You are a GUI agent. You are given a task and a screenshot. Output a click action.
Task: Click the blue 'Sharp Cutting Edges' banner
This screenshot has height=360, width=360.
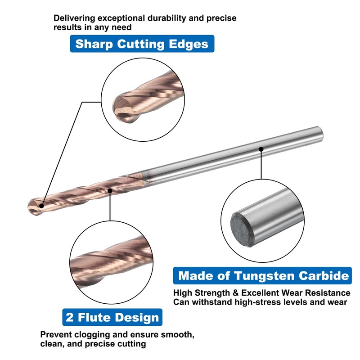pyautogui.click(x=142, y=44)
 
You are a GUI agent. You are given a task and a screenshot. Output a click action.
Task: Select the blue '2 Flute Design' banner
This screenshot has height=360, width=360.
pyautogui.click(x=112, y=317)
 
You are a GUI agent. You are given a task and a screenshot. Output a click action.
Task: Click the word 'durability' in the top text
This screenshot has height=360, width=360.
pyautogui.click(x=148, y=18)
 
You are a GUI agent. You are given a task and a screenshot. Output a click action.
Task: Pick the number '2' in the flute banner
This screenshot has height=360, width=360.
pyautogui.click(x=70, y=317)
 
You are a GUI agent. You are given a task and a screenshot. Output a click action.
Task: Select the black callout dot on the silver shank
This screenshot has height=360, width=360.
pyautogui.click(x=261, y=148)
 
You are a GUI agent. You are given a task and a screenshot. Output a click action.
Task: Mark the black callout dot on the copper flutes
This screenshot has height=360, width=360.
pyautogui.click(x=110, y=191)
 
